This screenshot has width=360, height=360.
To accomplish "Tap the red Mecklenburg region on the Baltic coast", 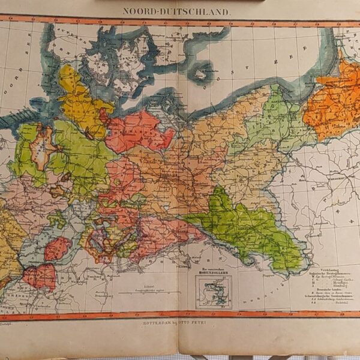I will (139, 129).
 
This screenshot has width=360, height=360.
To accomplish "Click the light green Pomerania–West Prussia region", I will (270, 120).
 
